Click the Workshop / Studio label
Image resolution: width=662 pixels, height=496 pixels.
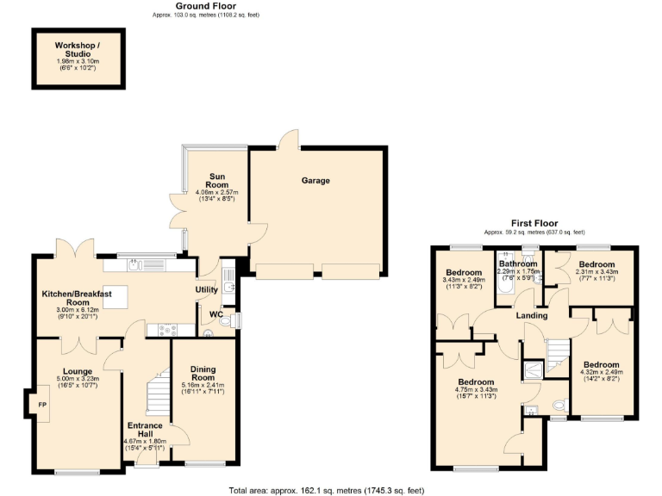[77, 48]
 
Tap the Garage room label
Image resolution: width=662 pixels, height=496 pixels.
[315, 181]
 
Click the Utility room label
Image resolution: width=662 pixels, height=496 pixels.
[206, 290]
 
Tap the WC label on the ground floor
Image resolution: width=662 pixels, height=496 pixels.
[215, 314]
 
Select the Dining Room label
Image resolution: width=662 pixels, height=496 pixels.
[203, 373]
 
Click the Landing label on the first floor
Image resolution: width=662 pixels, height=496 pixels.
[532, 315]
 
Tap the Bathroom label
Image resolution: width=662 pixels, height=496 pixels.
[518, 263]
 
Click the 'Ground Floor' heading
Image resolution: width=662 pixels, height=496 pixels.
[204, 6]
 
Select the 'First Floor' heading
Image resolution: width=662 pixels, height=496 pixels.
[534, 222]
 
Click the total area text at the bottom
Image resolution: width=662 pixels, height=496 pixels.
[326, 490]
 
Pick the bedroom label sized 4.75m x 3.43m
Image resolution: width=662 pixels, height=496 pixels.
[476, 381]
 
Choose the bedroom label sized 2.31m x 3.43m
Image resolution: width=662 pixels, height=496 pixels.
[596, 263]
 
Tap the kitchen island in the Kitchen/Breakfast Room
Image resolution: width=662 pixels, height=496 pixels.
[115, 297]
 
